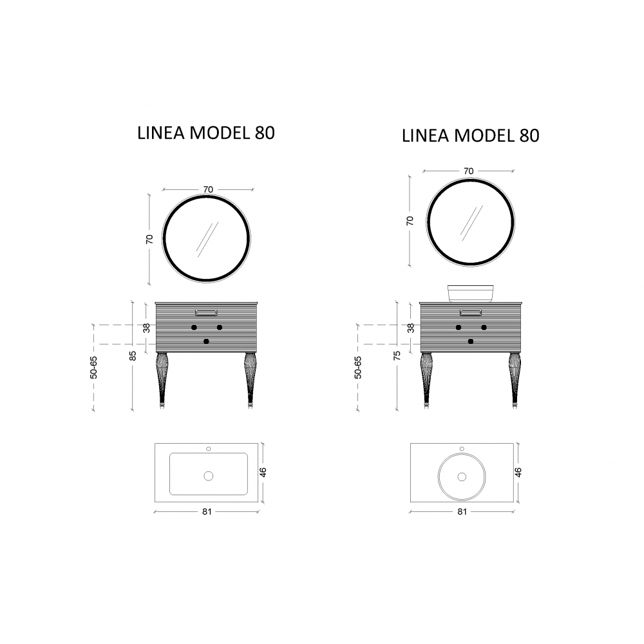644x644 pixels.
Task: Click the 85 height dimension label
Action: point(133,355)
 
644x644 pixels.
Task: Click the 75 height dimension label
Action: point(397,355)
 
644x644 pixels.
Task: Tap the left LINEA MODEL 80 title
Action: point(206,133)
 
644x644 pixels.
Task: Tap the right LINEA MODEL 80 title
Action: point(470,135)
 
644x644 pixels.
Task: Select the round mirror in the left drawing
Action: point(163,239)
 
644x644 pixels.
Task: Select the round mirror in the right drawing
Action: point(427,222)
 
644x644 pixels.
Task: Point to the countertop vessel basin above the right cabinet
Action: point(470,293)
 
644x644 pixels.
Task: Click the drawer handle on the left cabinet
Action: point(206,313)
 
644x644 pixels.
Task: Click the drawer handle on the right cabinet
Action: point(471,313)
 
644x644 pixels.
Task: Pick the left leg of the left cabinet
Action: point(162,380)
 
